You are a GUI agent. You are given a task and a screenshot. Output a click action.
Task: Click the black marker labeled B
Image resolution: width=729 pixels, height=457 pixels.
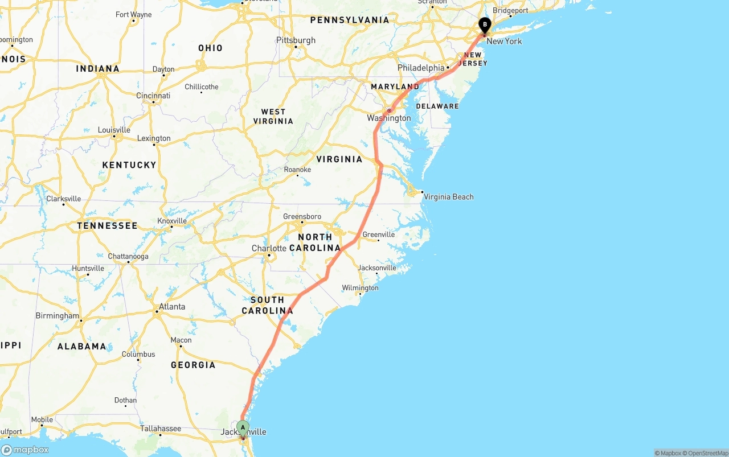pos(485,25)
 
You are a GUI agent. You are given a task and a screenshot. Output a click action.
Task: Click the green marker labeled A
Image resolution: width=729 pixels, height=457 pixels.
pos(243,427)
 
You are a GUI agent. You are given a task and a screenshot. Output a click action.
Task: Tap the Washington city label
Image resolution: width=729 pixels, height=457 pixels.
pos(389,118)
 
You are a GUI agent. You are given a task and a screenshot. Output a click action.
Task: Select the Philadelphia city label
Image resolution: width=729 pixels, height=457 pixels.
pos(421,68)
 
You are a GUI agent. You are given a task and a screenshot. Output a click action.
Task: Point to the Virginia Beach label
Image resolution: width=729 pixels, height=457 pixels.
pos(449,197)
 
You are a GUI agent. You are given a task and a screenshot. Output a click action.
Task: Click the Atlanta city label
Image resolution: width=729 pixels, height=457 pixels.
pos(172,307)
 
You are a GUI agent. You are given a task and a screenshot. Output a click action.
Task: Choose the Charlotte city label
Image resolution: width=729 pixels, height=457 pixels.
pos(269,249)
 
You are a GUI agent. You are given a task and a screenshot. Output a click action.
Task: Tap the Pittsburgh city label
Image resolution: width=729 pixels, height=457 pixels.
pos(296,40)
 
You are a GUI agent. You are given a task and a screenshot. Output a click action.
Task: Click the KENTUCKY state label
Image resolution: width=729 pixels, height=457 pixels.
pos(129,165)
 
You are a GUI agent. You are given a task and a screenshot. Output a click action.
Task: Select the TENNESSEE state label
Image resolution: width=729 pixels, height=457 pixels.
pos(108,226)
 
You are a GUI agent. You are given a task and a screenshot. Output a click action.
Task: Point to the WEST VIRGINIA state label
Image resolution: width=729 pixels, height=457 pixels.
pos(273,117)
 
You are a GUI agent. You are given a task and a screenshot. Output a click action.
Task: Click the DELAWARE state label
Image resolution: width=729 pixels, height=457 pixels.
pos(437,106)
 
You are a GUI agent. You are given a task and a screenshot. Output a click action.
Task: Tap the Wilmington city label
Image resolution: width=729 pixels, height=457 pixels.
pos(361,288)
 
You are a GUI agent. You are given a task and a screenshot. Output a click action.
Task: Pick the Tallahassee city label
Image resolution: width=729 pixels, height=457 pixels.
pos(161,429)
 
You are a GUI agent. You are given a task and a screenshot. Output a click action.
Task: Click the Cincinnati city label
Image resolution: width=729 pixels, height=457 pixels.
pos(153,96)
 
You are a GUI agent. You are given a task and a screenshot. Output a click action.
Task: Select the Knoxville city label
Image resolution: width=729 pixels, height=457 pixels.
pos(172,221)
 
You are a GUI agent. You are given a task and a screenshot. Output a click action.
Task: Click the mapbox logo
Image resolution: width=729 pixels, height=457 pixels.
pos(25,450)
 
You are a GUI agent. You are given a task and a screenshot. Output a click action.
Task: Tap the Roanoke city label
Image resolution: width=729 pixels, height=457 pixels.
pos(298,170)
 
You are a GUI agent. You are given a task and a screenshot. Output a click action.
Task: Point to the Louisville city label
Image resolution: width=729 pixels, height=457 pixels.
pos(114,130)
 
